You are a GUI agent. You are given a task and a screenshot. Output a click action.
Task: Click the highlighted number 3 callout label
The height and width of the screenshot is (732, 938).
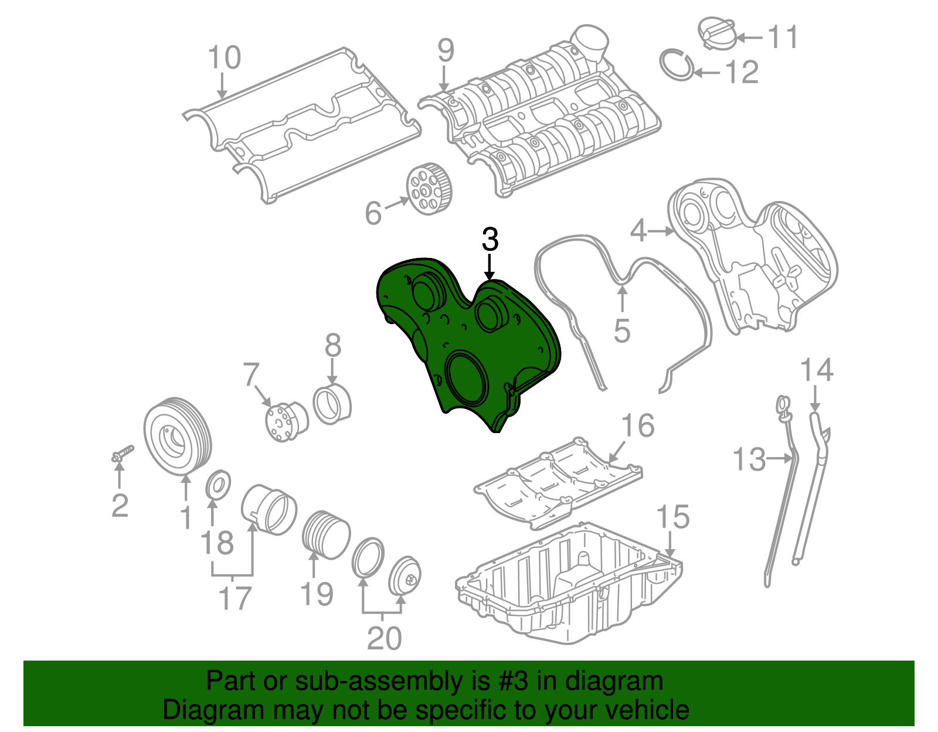[490, 239]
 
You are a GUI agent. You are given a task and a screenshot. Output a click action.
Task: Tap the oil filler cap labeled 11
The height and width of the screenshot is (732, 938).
[717, 33]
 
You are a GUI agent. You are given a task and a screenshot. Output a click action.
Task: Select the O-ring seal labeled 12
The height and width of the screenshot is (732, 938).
[677, 65]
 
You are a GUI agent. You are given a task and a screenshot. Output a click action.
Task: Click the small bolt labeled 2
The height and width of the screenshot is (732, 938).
[123, 454]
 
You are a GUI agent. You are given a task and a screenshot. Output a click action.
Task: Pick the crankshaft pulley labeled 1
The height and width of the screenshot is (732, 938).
[178, 436]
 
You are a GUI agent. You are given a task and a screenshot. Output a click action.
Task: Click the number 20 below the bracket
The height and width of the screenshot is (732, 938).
[384, 638]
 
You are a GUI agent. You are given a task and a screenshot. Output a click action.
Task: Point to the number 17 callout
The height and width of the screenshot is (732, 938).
[235, 598]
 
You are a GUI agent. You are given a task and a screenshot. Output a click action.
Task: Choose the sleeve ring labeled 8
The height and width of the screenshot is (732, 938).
[332, 403]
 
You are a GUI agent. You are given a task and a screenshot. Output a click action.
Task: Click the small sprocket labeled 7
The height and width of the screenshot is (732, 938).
[287, 422]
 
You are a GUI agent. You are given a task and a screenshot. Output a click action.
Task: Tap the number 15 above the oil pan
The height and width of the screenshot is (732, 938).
[673, 517]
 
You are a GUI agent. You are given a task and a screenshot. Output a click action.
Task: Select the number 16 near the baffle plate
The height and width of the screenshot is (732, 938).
[638, 425]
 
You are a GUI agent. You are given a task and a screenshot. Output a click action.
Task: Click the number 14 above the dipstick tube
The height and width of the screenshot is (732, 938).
[816, 370]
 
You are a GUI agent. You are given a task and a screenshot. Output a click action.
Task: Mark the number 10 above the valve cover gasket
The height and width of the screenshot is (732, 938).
[224, 57]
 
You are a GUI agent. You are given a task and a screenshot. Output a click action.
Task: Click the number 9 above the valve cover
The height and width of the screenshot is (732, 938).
[446, 50]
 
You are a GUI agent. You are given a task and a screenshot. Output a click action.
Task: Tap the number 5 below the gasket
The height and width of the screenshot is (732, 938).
[622, 331]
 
